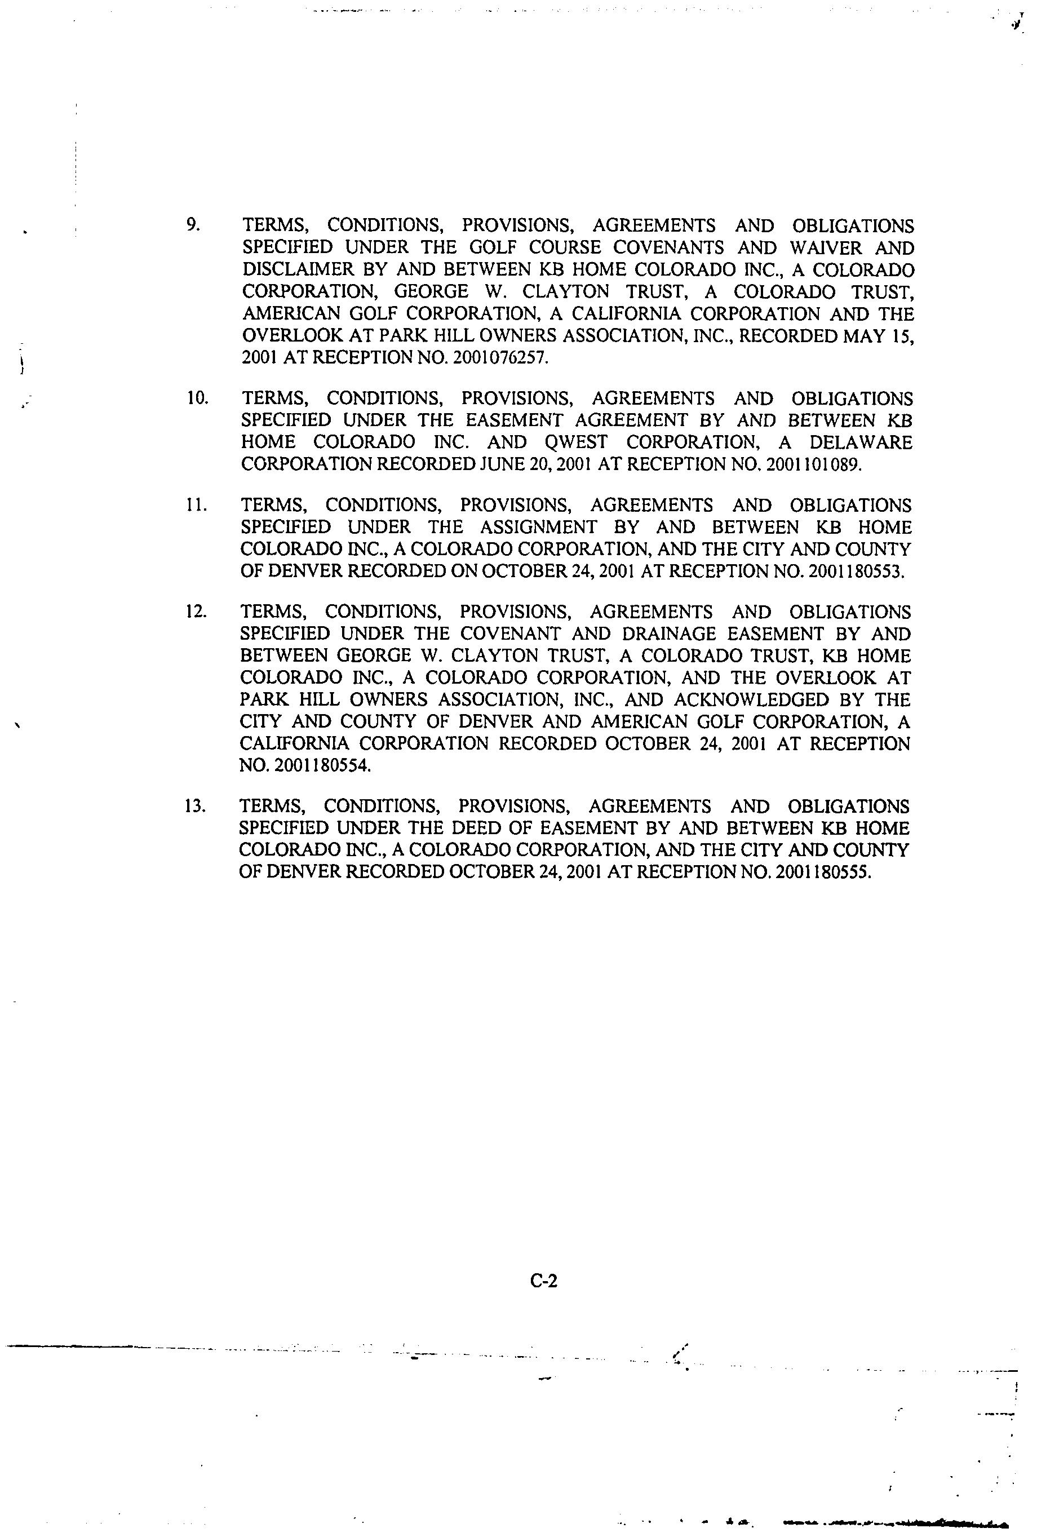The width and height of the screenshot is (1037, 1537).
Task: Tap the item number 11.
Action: pos(197,504)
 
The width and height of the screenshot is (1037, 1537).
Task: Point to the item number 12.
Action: pos(197,611)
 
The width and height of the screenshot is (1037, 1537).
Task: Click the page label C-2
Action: pos(544,1281)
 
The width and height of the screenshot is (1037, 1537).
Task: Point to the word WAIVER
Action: pos(825,247)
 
